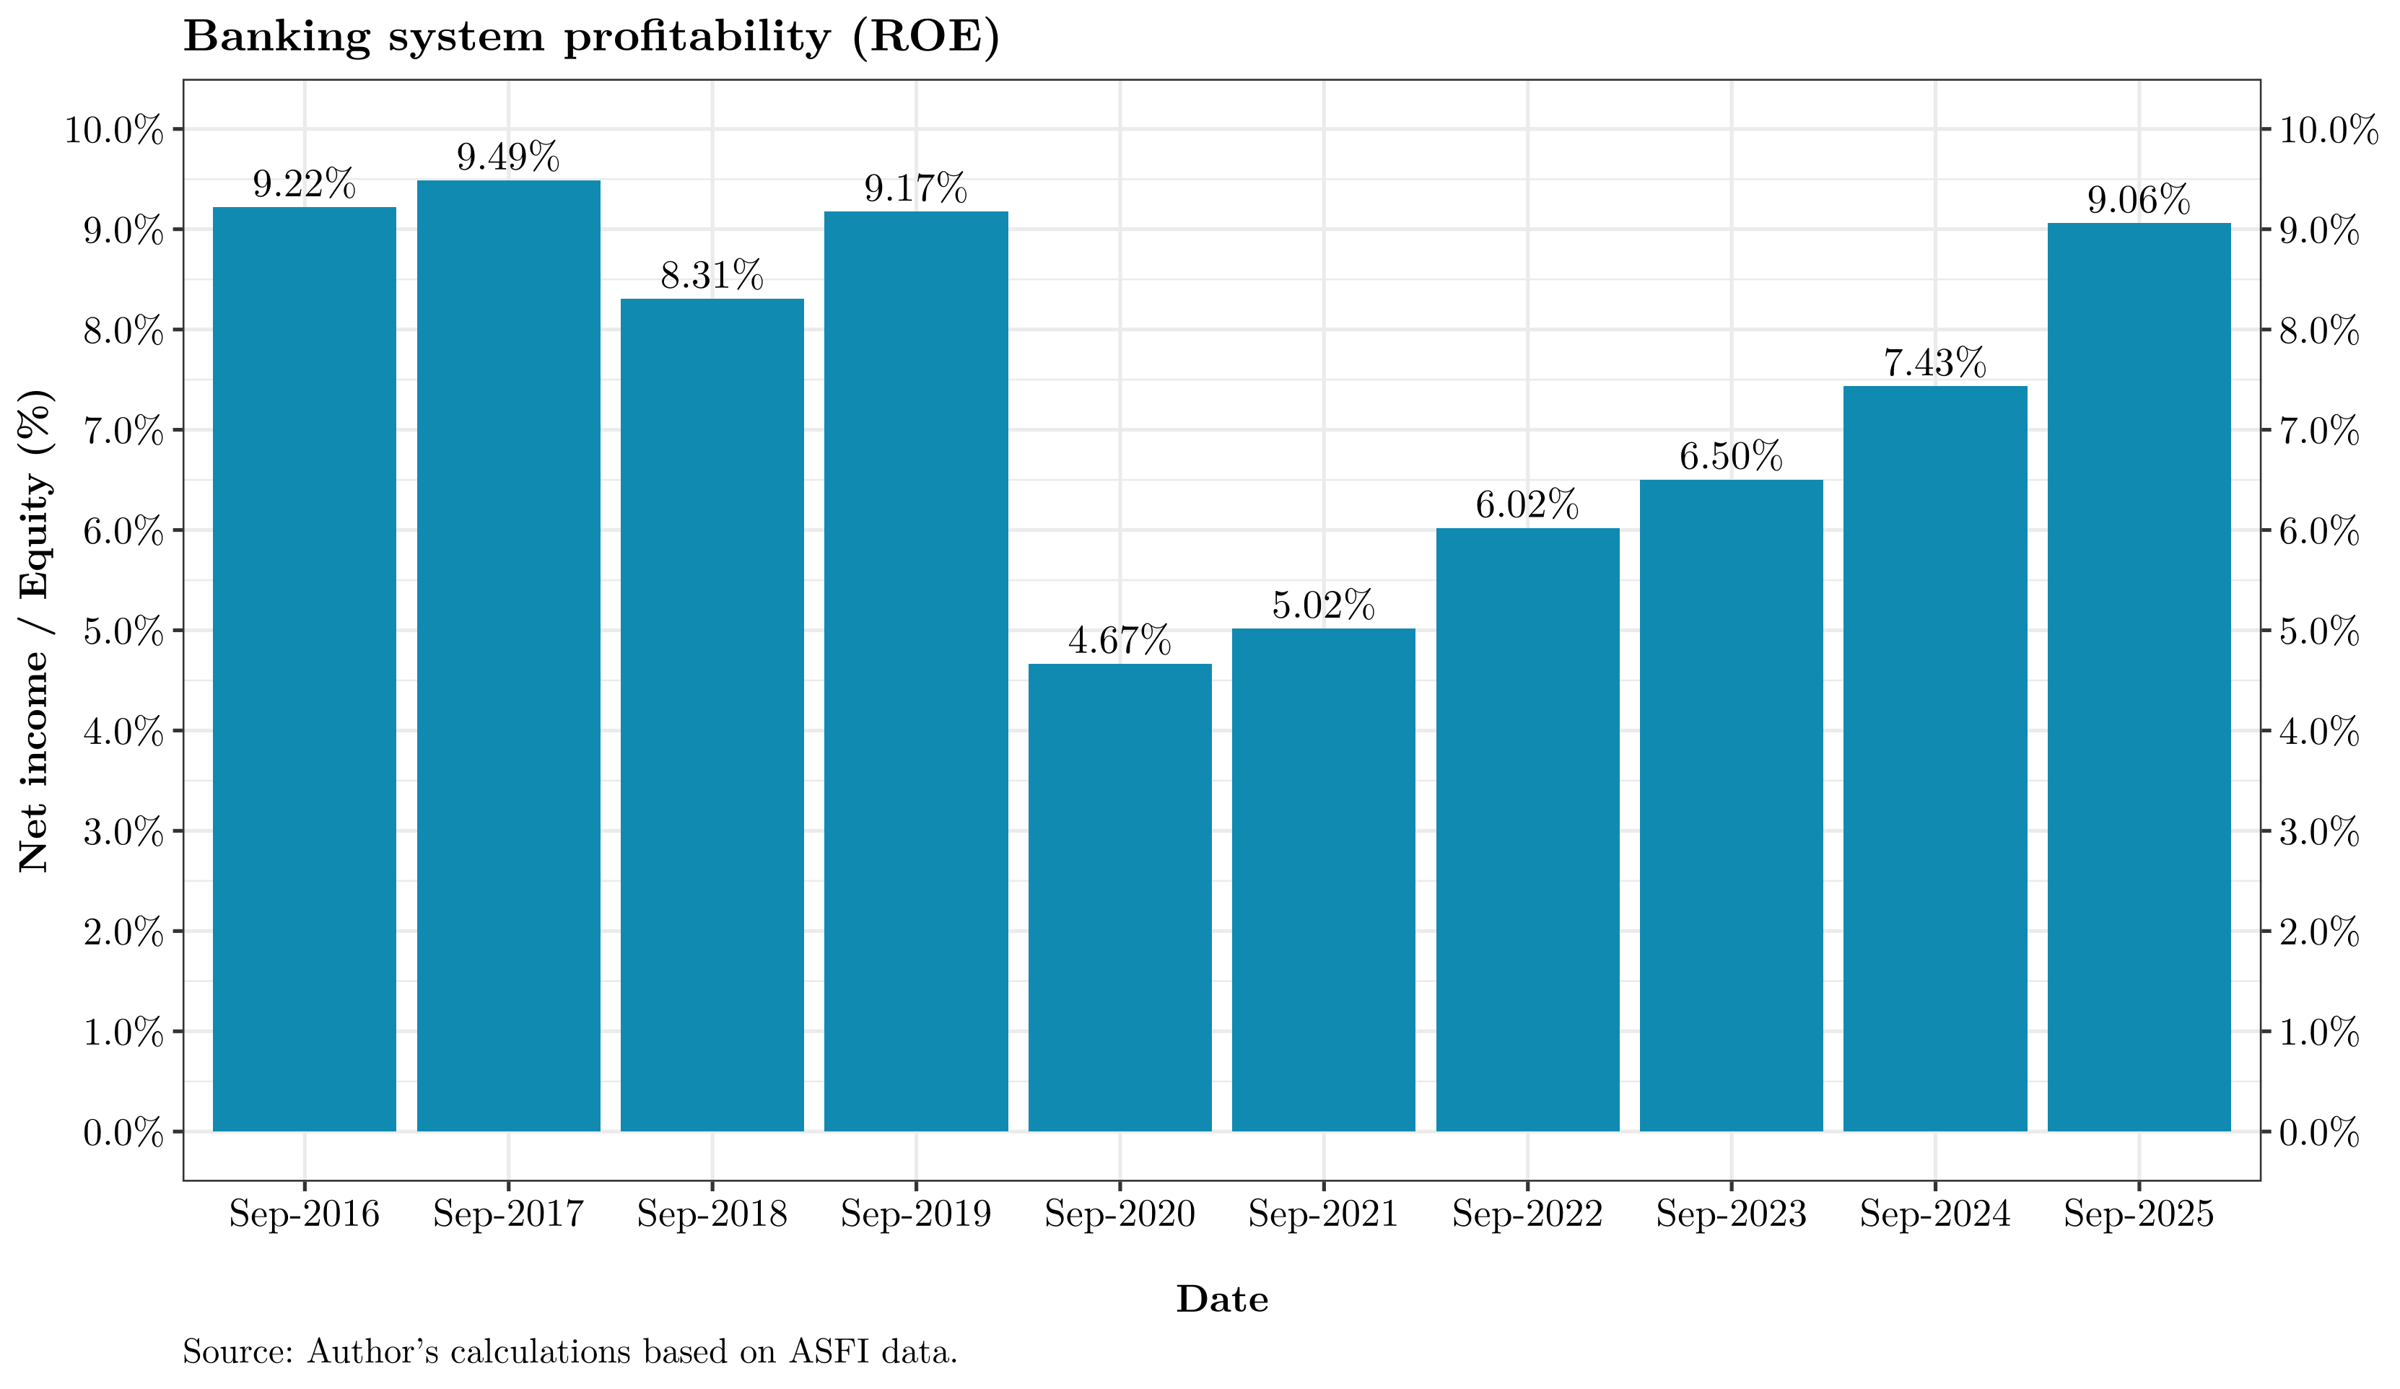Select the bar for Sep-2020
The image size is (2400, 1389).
1120,897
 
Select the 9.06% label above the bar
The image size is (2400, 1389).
2139,200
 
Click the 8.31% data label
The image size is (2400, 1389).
712,276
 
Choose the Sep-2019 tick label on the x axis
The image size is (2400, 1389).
916,1215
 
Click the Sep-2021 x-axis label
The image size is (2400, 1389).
1323,1215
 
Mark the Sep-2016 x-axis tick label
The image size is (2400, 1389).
304,1215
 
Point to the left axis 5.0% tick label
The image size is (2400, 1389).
123,631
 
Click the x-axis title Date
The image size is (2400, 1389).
1222,1300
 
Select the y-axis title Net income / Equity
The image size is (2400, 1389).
35,630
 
